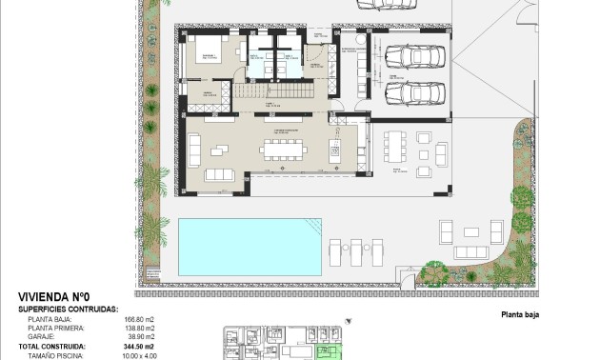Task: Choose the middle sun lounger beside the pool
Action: tap(357, 251)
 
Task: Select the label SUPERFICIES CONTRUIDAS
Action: tap(67, 310)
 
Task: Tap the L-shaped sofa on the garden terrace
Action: tap(468, 242)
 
